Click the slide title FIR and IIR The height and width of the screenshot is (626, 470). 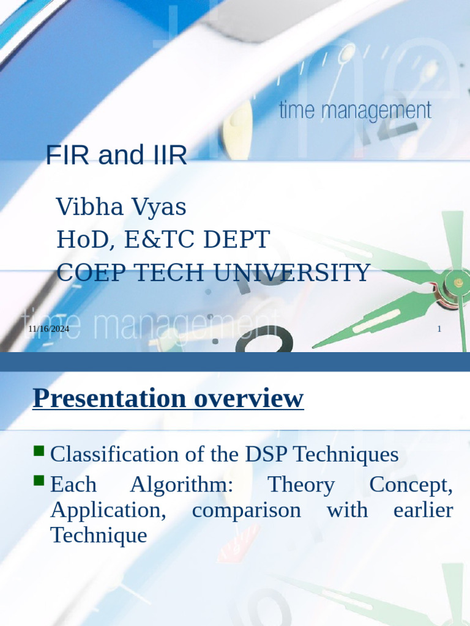(x=116, y=156)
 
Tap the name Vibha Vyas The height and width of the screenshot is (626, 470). (x=121, y=207)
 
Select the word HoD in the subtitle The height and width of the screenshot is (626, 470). (x=80, y=240)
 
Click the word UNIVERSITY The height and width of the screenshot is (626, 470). (x=299, y=273)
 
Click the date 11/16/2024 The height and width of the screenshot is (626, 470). (x=48, y=330)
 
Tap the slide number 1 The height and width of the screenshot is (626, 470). (x=439, y=330)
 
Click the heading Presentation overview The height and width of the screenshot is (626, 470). (x=168, y=399)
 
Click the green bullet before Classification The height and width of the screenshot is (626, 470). (x=39, y=452)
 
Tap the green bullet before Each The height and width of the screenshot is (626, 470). (x=39, y=482)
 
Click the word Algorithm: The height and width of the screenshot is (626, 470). (x=181, y=485)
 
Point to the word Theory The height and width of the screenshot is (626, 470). (x=301, y=485)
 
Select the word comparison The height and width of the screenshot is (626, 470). (x=246, y=510)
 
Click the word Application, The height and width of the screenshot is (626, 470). (x=108, y=510)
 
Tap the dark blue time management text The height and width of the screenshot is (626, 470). (x=355, y=111)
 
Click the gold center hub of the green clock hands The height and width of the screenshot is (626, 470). (x=457, y=282)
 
